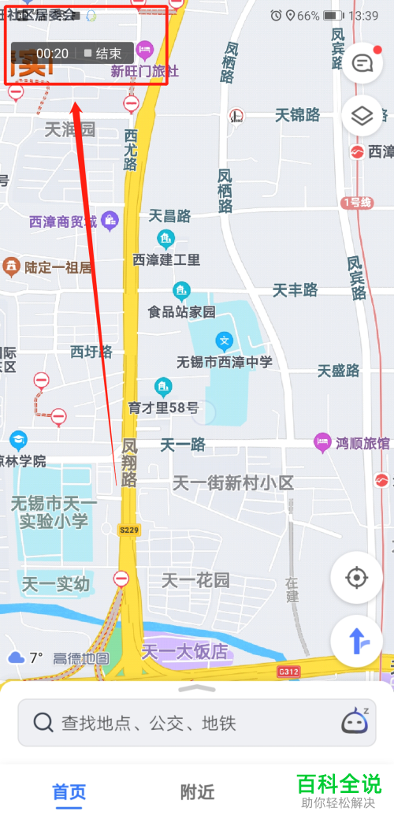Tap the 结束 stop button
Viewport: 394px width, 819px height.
click(x=102, y=54)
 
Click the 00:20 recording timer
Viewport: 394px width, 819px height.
click(x=52, y=54)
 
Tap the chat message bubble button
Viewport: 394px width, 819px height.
click(x=362, y=64)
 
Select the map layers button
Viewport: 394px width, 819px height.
click(x=362, y=116)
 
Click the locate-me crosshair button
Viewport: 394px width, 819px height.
click(x=357, y=578)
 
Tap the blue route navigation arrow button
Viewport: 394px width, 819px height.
click(x=357, y=641)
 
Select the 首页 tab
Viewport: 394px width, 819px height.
click(x=69, y=791)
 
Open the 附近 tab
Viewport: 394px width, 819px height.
click(x=197, y=791)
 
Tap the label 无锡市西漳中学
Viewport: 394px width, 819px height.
click(x=225, y=362)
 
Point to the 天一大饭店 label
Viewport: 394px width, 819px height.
click(x=184, y=652)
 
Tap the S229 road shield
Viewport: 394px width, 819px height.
click(x=128, y=530)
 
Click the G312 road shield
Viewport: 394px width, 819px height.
click(x=289, y=672)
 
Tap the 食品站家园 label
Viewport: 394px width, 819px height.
click(x=181, y=311)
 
